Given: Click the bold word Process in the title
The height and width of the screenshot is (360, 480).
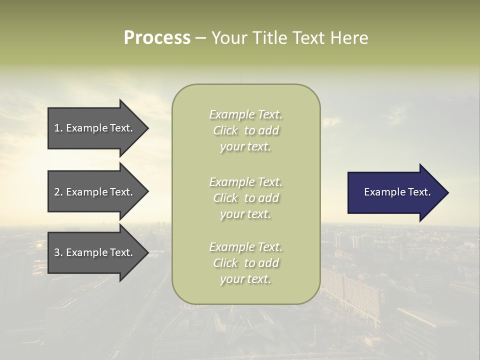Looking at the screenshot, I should tap(157, 38).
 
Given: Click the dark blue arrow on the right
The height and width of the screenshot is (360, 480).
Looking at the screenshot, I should tap(395, 192).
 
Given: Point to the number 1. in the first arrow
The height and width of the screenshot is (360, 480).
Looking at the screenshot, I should tap(58, 128).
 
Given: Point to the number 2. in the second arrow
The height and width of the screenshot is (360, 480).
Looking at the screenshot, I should tap(58, 192).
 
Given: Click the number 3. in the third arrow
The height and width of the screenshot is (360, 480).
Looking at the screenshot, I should tap(58, 252).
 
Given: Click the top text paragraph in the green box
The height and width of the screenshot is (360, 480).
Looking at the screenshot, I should tap(245, 130).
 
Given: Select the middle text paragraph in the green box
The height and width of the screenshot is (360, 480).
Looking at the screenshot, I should tap(245, 197).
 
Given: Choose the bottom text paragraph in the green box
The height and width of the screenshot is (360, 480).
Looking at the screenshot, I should tap(245, 263).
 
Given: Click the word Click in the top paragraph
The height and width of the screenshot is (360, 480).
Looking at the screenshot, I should tap(225, 130).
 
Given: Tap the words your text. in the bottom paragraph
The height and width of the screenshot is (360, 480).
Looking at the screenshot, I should tap(245, 279).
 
